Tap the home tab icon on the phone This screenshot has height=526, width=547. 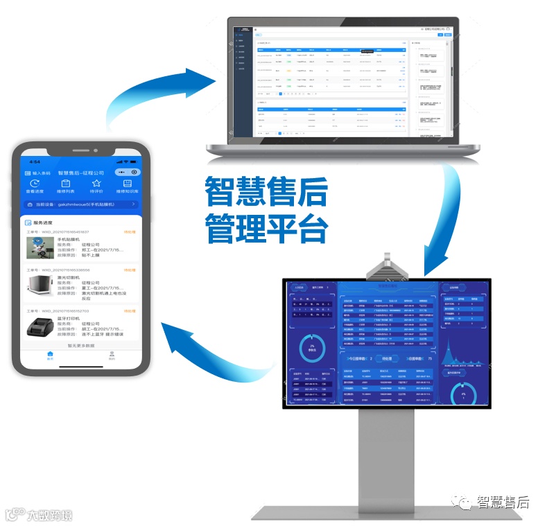pos(50,354)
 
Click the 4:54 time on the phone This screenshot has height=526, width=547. pos(35,161)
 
